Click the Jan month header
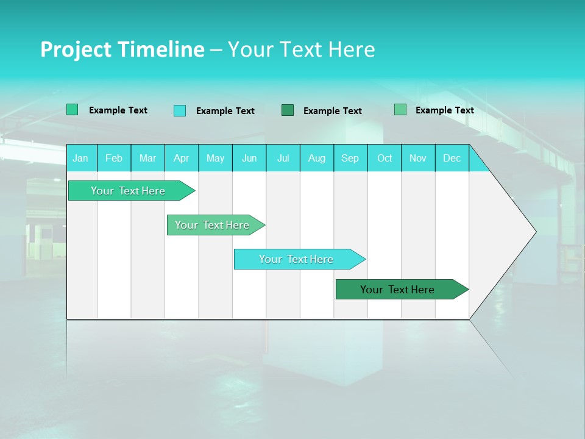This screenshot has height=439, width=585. click(x=80, y=159)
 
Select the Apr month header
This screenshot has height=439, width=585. click(x=182, y=159)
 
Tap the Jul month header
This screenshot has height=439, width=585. click(x=283, y=159)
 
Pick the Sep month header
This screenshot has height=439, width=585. click(x=350, y=159)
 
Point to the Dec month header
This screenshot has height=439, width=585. click(x=452, y=159)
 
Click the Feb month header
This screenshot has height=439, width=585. click(x=114, y=159)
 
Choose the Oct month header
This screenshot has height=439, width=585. click(x=385, y=159)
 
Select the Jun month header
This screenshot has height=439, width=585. click(x=249, y=159)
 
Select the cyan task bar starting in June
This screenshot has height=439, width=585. click(x=297, y=259)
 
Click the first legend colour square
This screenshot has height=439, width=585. click(x=73, y=110)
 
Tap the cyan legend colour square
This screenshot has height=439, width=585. click(x=180, y=110)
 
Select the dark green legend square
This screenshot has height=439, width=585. click(x=288, y=110)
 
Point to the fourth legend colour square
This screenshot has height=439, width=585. click(x=400, y=110)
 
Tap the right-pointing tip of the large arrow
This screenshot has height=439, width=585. click(x=534, y=232)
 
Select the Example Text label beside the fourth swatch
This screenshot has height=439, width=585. click(x=444, y=110)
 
